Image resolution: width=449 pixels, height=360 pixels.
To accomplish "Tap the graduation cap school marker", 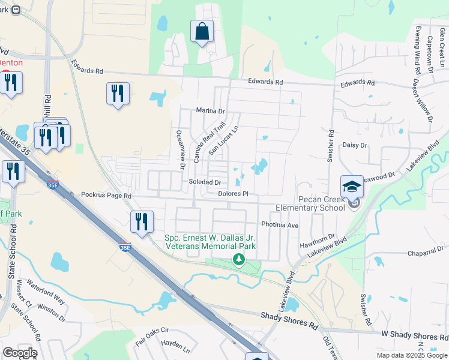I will (352, 186).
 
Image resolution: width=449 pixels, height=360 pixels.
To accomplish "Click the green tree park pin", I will (240, 259).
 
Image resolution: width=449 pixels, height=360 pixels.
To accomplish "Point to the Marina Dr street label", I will (210, 110).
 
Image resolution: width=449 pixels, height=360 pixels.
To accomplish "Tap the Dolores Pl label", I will (233, 194).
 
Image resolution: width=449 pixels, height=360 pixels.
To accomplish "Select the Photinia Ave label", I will (280, 225).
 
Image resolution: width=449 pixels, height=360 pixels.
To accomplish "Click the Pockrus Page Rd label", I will (106, 196).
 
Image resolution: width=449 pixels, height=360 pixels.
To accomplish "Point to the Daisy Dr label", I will (354, 145).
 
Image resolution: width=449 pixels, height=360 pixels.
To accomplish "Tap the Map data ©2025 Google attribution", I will (411, 355).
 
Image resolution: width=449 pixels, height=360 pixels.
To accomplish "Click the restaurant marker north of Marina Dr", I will (117, 94).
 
